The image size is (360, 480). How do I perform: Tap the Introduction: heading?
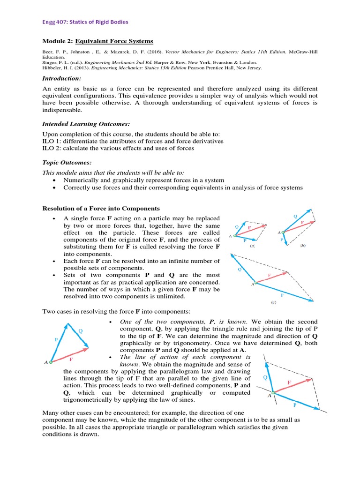click(61, 78)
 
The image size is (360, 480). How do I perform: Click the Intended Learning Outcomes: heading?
click(86, 124)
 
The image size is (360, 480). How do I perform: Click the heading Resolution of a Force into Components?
click(101, 208)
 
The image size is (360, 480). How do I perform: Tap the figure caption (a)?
click(253, 245)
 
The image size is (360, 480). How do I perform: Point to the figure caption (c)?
click(274, 303)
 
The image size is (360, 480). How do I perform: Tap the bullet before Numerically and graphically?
click(55, 180)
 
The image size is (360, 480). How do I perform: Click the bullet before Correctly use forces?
click(55, 188)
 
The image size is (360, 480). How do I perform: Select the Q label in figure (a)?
click(236, 226)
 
